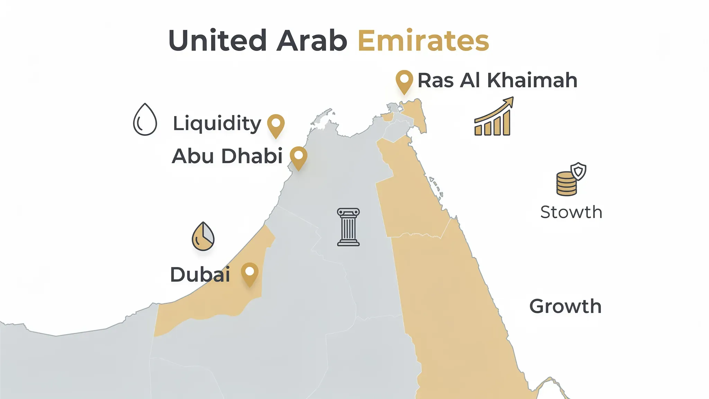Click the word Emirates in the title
[x=423, y=41]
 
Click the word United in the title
[x=217, y=41]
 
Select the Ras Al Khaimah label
[x=497, y=80]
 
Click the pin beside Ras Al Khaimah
[x=404, y=81]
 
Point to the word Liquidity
[x=217, y=124]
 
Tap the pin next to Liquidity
[x=276, y=125]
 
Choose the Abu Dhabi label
[x=227, y=156]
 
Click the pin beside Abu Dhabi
[x=298, y=157]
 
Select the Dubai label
[x=200, y=275]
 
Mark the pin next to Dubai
[x=250, y=273]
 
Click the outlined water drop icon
[x=145, y=119]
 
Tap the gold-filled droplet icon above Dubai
[x=203, y=237]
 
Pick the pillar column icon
[x=348, y=227]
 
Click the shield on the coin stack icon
[x=578, y=171]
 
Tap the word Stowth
[x=571, y=212]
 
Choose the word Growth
[x=565, y=306]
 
